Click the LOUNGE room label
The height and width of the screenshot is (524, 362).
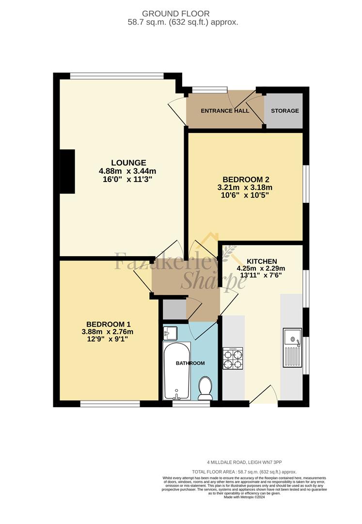[128, 163]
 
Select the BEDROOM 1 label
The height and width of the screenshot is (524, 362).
[109, 324]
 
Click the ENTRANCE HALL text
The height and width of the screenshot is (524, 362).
[225, 111]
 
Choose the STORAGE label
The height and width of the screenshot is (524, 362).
[285, 111]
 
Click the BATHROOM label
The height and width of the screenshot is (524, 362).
[190, 363]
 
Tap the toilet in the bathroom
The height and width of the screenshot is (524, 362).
[205, 388]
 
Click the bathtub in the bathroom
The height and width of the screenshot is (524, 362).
[176, 371]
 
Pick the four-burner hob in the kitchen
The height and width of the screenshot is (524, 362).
[233, 358]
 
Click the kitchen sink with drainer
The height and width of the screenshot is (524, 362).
[293, 347]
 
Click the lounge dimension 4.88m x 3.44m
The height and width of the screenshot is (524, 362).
[127, 171]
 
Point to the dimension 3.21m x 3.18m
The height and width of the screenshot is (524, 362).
[245, 187]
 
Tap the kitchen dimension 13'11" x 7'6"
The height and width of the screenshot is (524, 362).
[261, 276]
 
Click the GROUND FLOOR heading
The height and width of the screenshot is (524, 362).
[176, 14]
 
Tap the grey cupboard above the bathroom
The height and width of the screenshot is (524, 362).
[174, 309]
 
